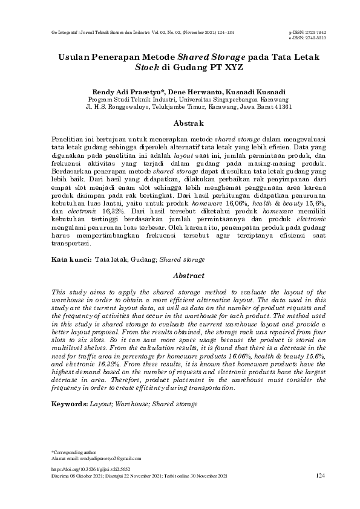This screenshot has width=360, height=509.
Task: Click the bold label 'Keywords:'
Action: (70, 403)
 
